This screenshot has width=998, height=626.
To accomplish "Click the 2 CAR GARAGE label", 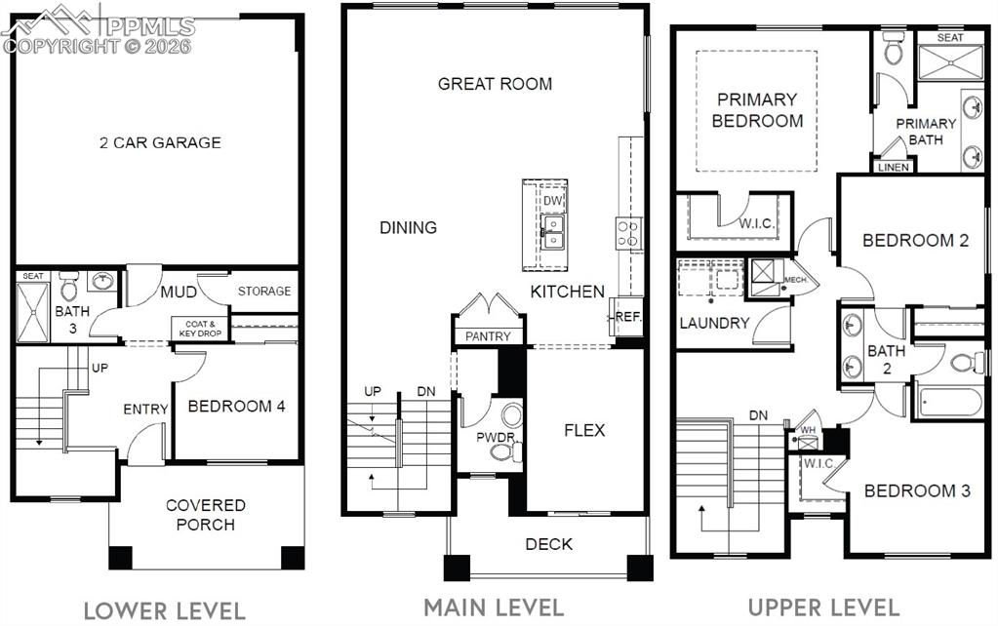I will pyautogui.click(x=160, y=142).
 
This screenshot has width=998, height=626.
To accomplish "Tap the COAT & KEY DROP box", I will pyautogui.click(x=199, y=328).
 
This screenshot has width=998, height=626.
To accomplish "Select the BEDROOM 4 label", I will pyautogui.click(x=236, y=406).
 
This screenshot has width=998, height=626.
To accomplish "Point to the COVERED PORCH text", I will pyautogui.click(x=206, y=515).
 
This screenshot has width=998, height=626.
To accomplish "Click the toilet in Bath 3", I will pyautogui.click(x=69, y=288).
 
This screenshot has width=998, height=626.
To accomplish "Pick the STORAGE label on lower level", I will pyautogui.click(x=264, y=291).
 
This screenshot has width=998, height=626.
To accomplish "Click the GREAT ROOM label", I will pyautogui.click(x=495, y=84).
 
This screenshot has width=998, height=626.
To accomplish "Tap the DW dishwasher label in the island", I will pyautogui.click(x=553, y=201).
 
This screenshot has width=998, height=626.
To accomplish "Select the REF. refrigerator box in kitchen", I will pyautogui.click(x=626, y=318).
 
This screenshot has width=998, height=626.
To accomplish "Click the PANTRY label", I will pyautogui.click(x=488, y=336).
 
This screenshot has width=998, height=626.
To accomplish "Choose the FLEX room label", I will pyautogui.click(x=584, y=430).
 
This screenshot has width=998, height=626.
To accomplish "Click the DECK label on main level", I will pyautogui.click(x=549, y=544).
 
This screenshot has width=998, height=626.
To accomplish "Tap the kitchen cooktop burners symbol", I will pyautogui.click(x=627, y=232).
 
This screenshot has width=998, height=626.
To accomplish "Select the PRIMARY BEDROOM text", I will pyautogui.click(x=757, y=110).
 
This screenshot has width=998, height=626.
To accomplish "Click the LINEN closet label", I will pyautogui.click(x=894, y=167).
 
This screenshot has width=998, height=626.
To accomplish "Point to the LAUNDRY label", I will pyautogui.click(x=714, y=323).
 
